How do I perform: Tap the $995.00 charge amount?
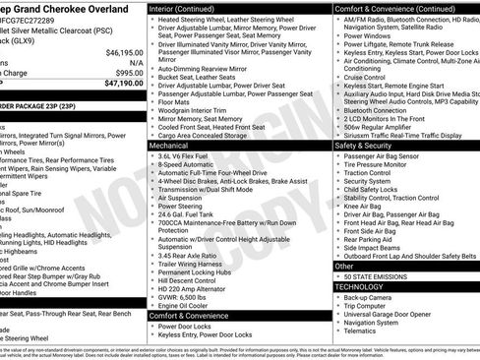click(x=129, y=72)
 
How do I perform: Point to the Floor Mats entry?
click(x=175, y=101)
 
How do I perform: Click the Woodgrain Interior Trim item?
click(x=192, y=111)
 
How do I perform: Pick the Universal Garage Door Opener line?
click(x=391, y=314)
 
